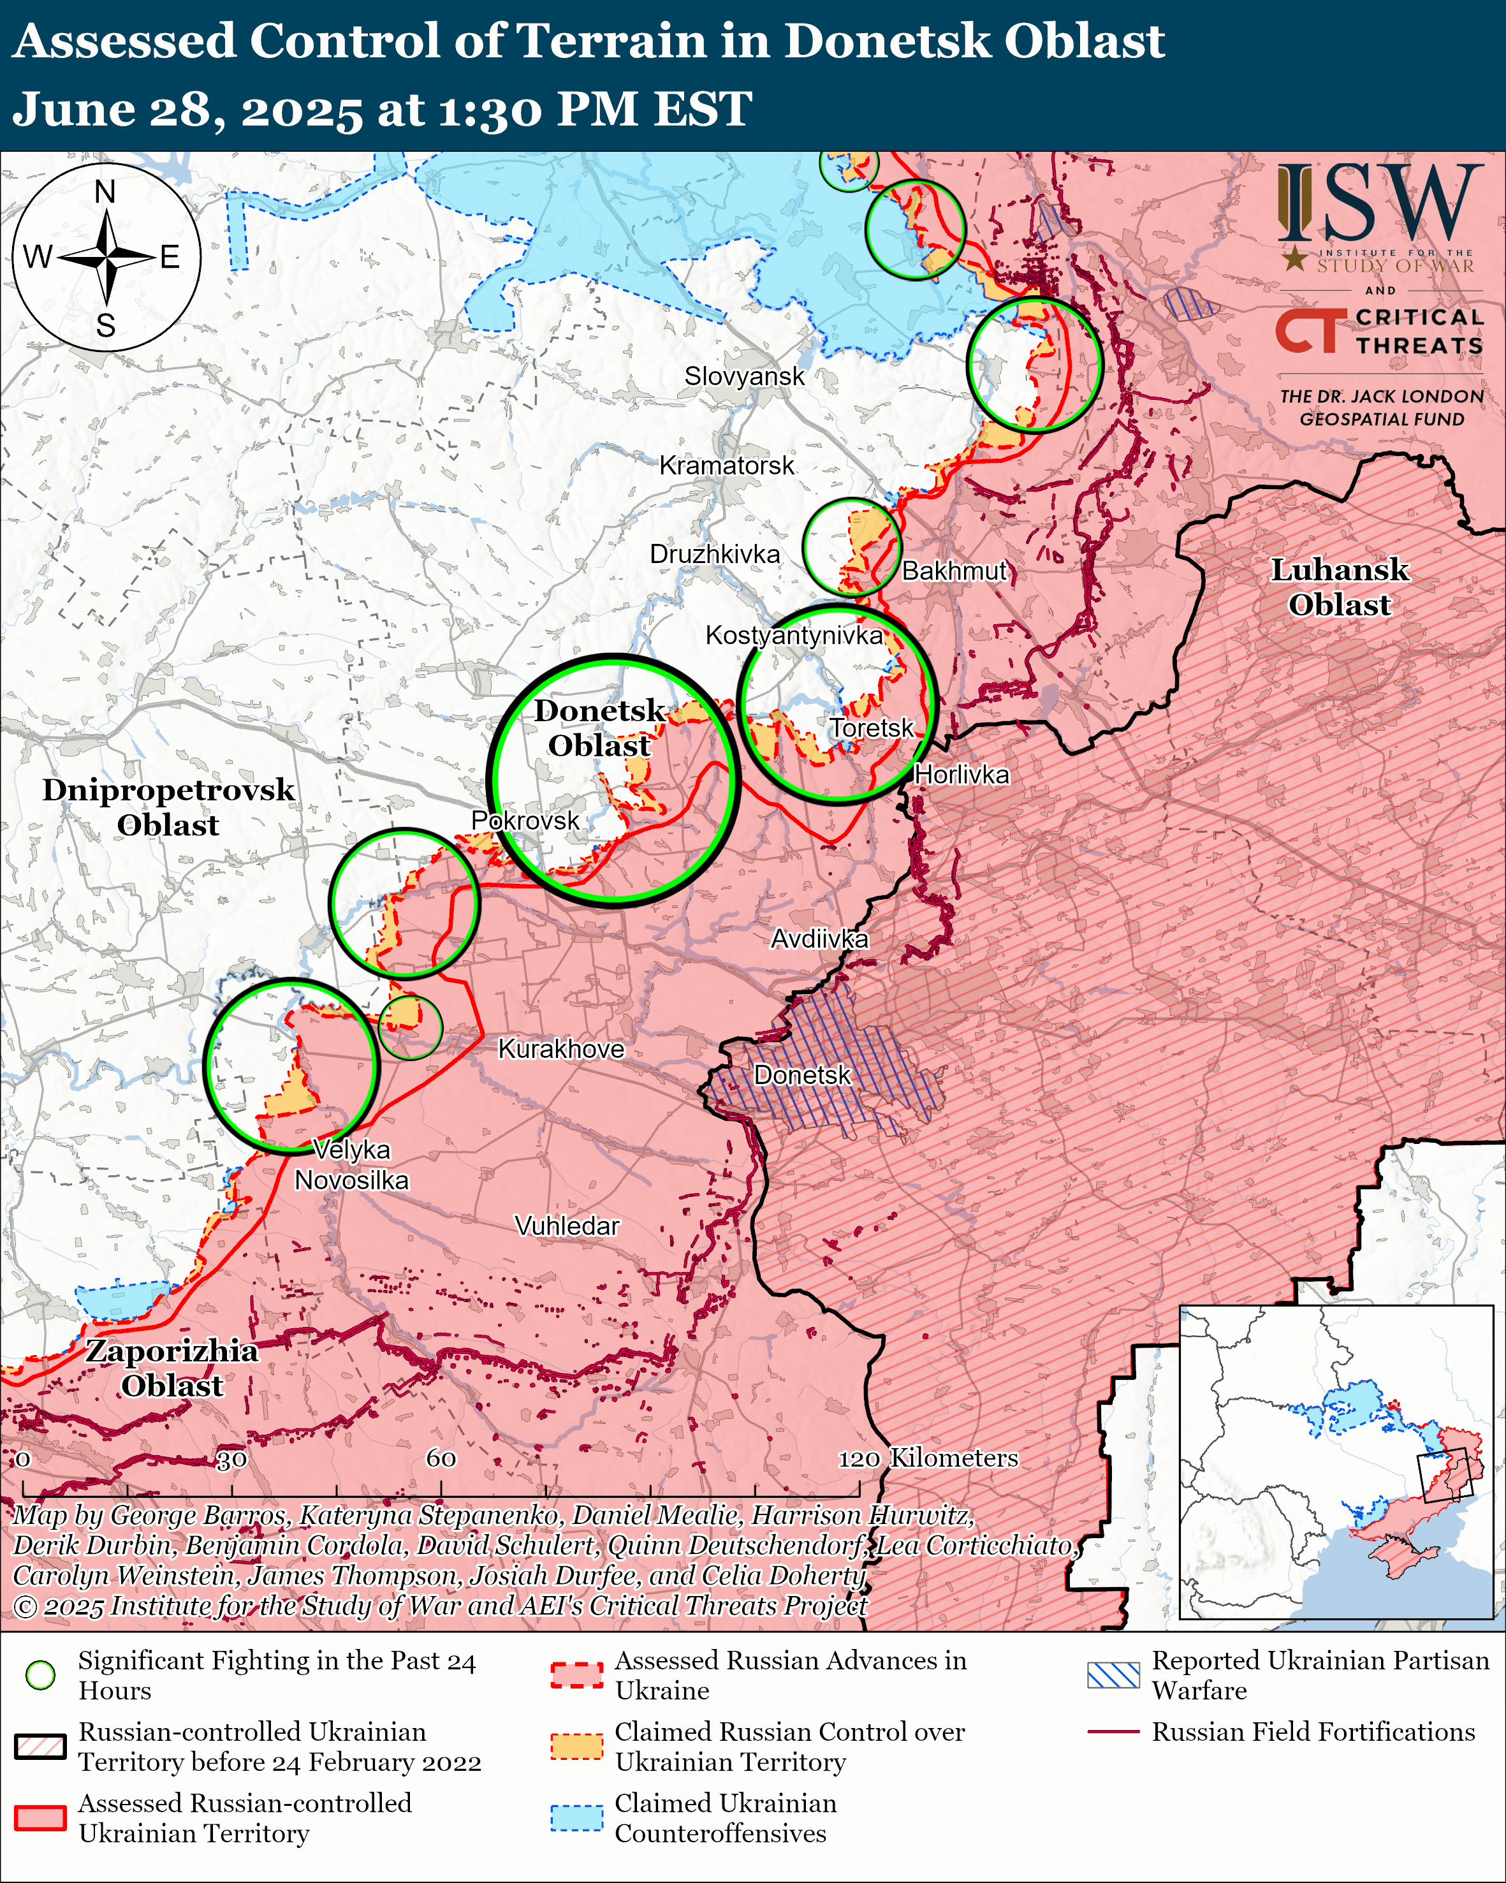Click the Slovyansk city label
click(x=744, y=376)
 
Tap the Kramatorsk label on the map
click(x=726, y=465)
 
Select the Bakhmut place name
click(x=954, y=571)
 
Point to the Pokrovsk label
click(x=525, y=820)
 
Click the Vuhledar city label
click(x=567, y=1226)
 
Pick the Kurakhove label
click(x=560, y=1049)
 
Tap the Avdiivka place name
click(x=819, y=939)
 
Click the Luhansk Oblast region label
click(x=1339, y=587)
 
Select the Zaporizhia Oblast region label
click(x=172, y=1368)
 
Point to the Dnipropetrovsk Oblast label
click(x=168, y=807)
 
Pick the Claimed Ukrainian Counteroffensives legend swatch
click(x=576, y=1817)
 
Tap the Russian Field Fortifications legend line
click(x=1113, y=1731)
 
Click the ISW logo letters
click(x=1379, y=203)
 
